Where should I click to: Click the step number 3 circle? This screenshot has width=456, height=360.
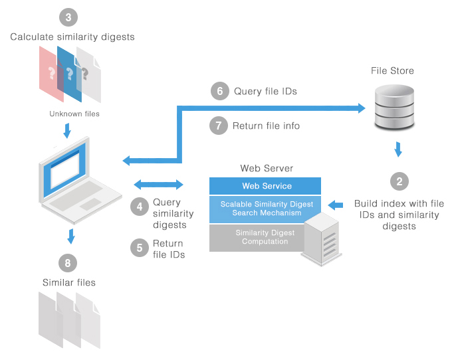[68, 17]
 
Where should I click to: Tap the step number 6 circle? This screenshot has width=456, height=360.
[220, 91]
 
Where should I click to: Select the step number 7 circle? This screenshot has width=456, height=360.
[219, 126]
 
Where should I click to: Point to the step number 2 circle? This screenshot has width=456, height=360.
[399, 181]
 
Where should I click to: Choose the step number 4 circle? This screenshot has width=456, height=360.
[140, 207]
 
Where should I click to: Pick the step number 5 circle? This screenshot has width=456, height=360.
[140, 248]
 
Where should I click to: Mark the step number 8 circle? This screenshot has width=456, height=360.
[68, 263]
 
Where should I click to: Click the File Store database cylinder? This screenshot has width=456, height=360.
[394, 107]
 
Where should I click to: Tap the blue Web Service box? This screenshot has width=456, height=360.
[265, 186]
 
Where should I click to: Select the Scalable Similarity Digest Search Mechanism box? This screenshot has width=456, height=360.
[265, 209]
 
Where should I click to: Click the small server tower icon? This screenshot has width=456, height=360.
[322, 239]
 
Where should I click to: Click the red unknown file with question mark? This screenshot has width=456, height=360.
[51, 74]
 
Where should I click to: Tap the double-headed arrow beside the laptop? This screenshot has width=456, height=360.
[158, 184]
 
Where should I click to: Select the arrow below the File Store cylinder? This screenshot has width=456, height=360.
[398, 149]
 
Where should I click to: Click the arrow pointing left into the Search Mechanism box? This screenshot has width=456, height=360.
[336, 205]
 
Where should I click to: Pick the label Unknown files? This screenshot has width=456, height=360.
[74, 114]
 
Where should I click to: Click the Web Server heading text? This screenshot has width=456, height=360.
[267, 168]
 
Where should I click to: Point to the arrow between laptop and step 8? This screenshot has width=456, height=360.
[71, 236]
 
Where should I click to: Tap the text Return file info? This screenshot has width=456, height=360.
[266, 126]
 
